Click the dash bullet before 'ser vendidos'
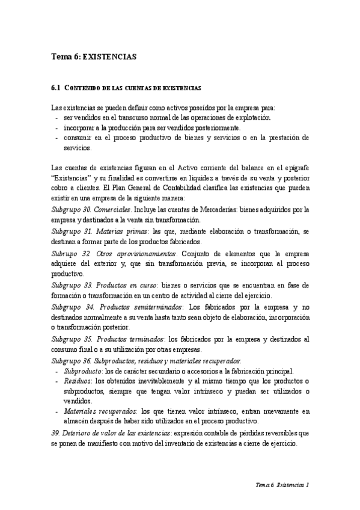point(56,118)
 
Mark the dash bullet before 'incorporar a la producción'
point(56,128)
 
